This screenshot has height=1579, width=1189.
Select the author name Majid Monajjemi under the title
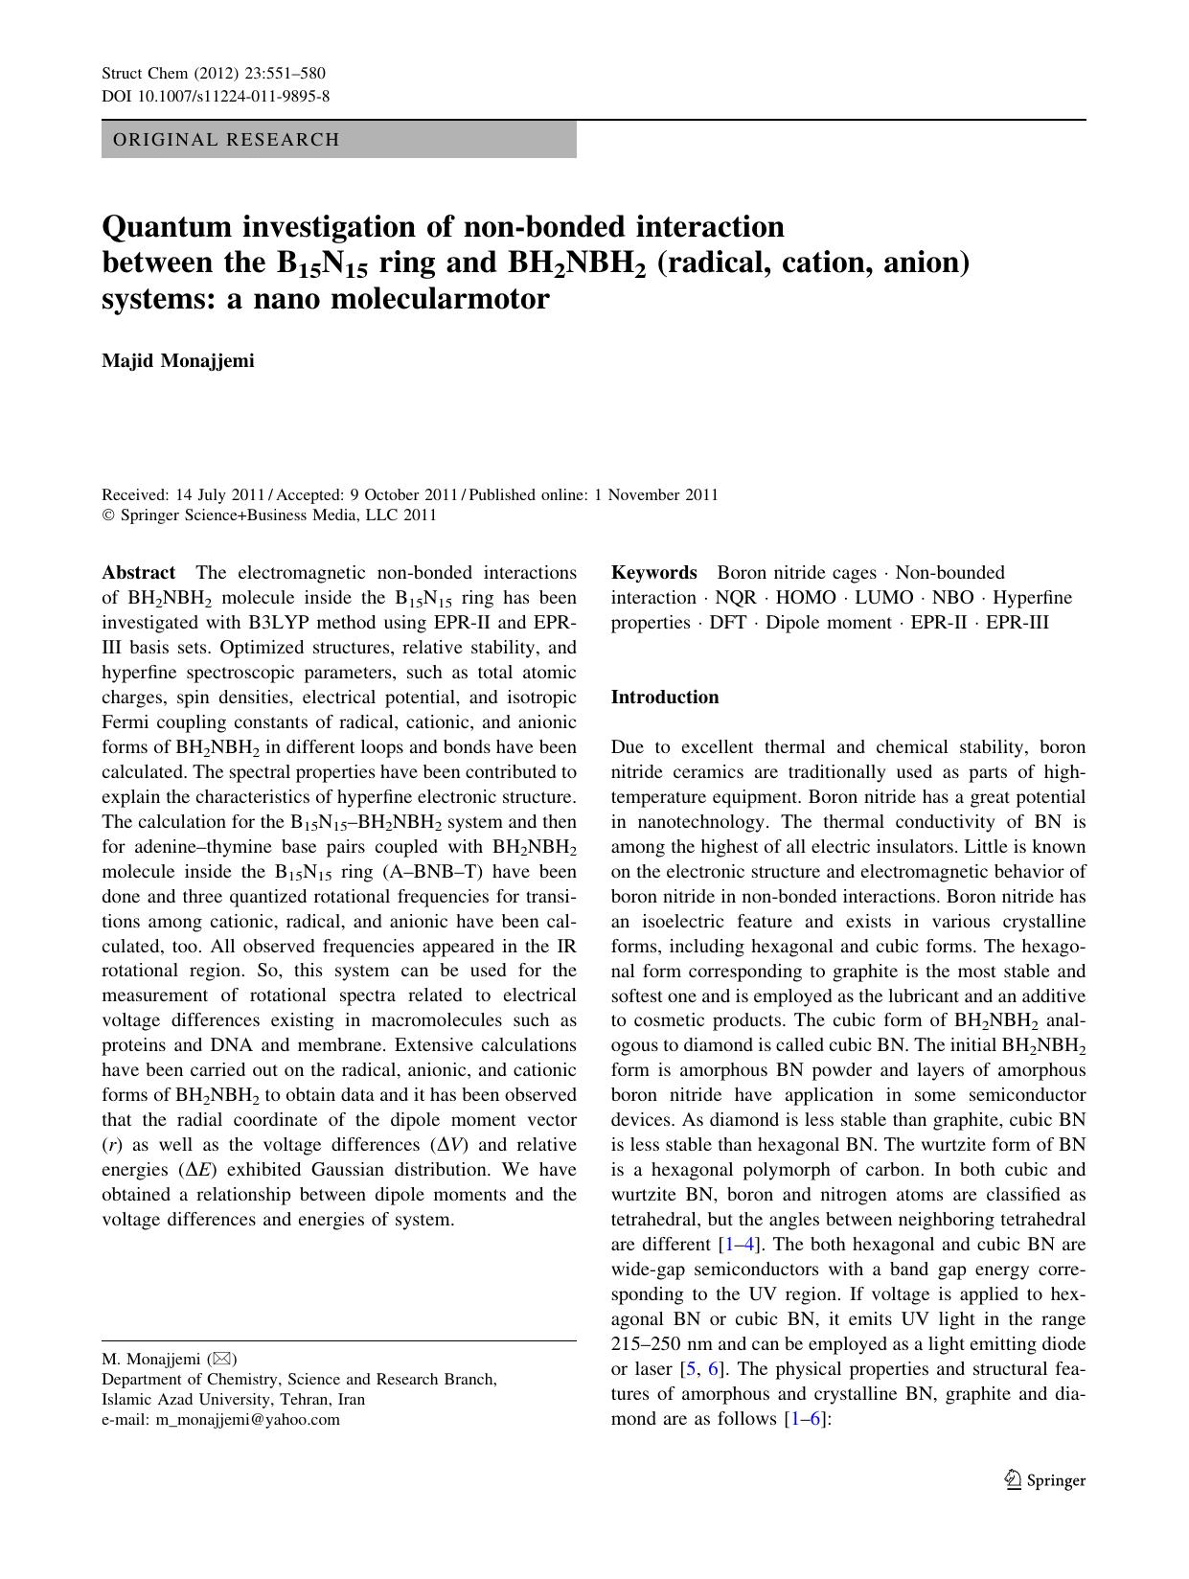(x=178, y=361)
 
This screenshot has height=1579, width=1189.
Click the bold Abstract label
(x=139, y=573)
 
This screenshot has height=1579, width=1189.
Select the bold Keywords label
(x=654, y=573)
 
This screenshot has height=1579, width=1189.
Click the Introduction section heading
(x=665, y=698)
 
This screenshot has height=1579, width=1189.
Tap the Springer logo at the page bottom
(x=1044, y=1480)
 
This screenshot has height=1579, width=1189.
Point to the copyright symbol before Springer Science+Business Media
(x=107, y=515)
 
